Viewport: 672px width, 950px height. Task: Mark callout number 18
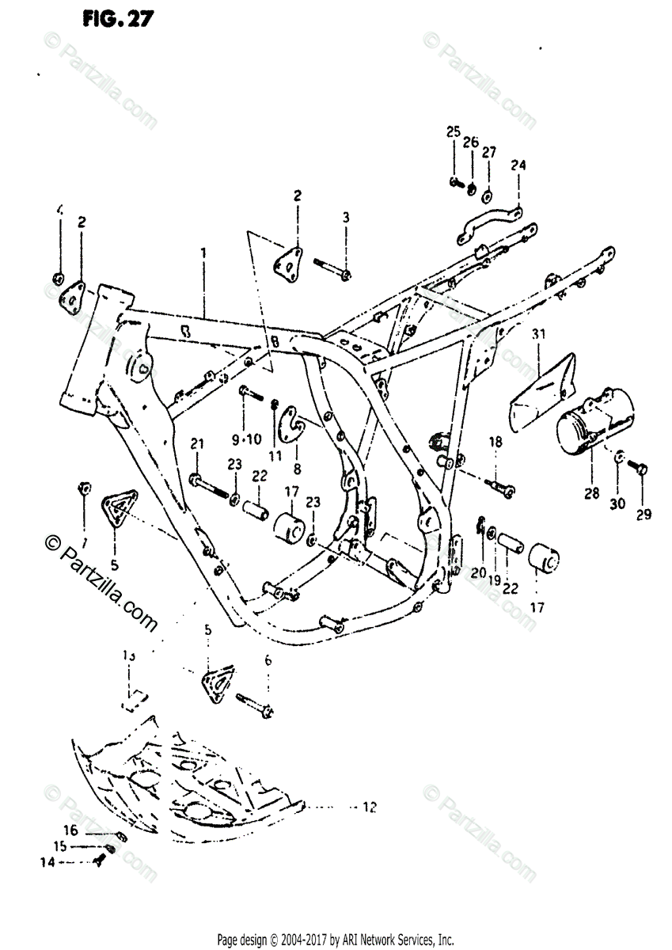pos(495,443)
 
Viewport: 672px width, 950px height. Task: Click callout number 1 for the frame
pos(203,253)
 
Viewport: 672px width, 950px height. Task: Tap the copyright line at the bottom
pos(336,939)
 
